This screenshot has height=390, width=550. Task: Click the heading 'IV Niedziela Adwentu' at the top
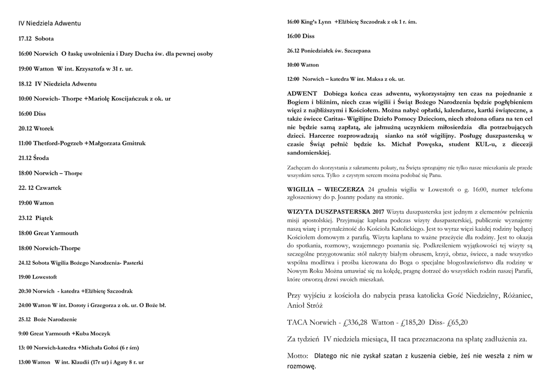49,24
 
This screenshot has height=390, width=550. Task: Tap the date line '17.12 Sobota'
36,39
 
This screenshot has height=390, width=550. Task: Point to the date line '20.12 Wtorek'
36,129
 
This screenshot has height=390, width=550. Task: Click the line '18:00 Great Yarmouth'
48,233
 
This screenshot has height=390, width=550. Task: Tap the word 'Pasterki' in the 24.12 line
133,263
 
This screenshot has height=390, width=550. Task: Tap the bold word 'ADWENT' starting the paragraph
302,94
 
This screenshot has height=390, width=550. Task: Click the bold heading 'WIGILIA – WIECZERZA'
325,189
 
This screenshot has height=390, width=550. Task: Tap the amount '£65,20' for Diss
457,322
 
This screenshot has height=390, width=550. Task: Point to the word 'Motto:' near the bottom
298,356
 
